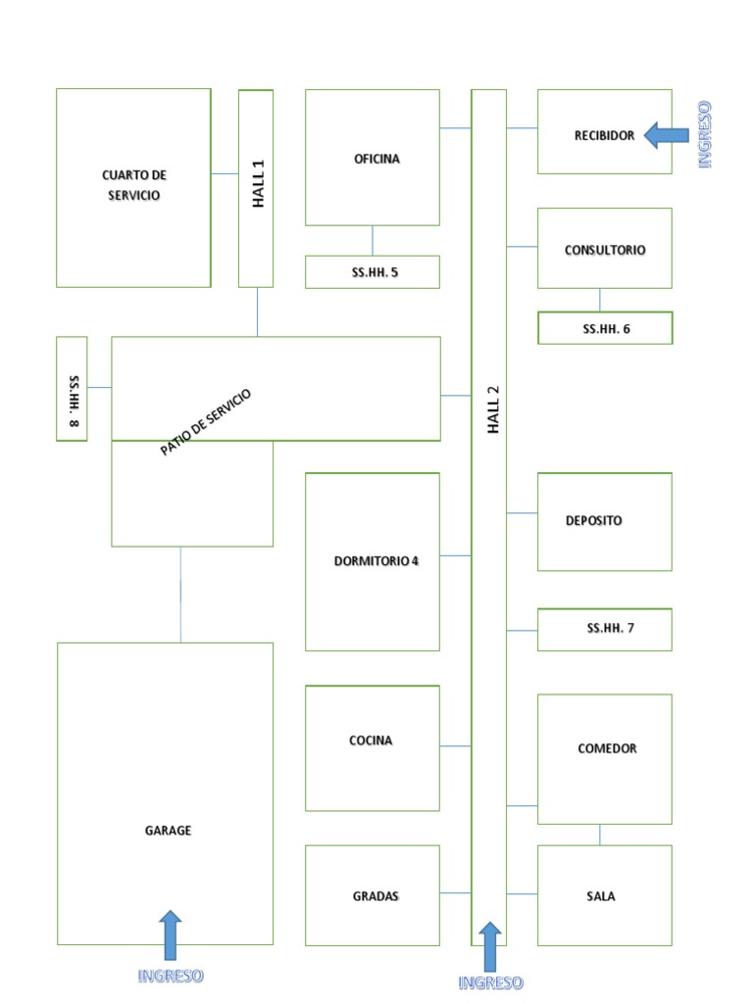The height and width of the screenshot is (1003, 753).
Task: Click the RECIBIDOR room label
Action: pos(604,135)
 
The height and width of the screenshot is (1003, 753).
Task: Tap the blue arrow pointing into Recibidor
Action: pos(666,136)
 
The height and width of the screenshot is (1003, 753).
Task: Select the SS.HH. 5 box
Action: pos(373,272)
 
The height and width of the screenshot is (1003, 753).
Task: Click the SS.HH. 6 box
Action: pos(605,328)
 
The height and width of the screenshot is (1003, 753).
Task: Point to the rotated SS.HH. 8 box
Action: pos(72,389)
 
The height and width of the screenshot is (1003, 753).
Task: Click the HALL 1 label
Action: pos(257,185)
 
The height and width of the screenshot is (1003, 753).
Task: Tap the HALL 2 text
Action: pos(492,410)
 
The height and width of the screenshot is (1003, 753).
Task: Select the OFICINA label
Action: pos(376,159)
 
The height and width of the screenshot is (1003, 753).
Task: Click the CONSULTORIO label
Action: pos(605,250)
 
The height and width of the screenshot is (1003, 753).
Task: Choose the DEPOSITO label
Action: pos(593,520)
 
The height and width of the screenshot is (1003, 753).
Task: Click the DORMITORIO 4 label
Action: pos(376,561)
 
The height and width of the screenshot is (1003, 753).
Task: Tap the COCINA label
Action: pos(371,740)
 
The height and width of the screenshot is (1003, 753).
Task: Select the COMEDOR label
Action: pos(607,748)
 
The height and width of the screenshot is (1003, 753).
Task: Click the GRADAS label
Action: pos(376,896)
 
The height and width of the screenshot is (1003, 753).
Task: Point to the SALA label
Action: pos(600,896)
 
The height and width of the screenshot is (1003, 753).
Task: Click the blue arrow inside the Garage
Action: pos(171,934)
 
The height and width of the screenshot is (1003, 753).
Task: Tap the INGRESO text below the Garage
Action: pos(171,976)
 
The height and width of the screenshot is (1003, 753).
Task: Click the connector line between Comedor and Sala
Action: pos(600,835)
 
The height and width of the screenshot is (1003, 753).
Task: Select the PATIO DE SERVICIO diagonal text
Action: pos(206,422)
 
